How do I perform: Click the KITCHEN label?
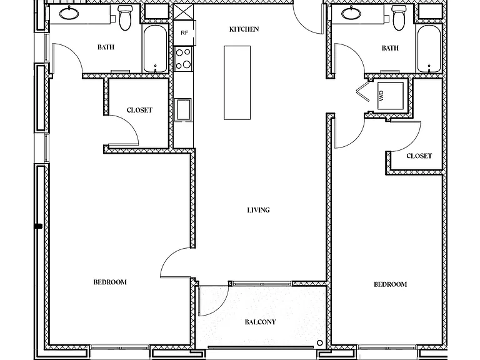pos(244,29)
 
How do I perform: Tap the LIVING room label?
pos(258,210)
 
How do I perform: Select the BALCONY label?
pos(260,322)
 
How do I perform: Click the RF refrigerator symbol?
pos(184,32)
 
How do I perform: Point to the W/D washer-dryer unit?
pos(390,96)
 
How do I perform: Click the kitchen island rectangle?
pos(237,82)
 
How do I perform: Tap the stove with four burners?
pos(183,59)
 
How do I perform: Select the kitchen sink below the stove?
pos(182,109)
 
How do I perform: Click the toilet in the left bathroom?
pos(124,18)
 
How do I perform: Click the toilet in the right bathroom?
pos(399,18)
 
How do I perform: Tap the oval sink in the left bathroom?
pos(69,13)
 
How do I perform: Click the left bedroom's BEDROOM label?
pos(110,282)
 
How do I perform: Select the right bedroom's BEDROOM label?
pos(390,284)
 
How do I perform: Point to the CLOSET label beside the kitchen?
pos(139,110)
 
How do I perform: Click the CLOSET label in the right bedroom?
pos(419,156)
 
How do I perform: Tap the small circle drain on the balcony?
pos(320,343)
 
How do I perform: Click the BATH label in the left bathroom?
pos(106,47)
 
